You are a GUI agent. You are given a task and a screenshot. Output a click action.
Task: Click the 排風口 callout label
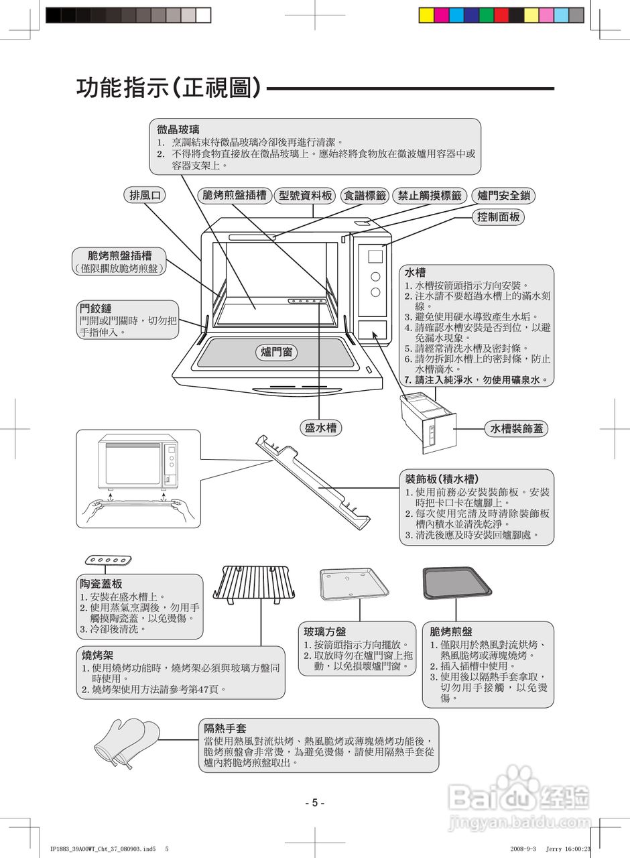coord(146,195)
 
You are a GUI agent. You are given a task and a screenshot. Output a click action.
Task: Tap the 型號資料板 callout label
coord(305,195)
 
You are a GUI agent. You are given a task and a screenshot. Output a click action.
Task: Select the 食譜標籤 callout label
coord(365,195)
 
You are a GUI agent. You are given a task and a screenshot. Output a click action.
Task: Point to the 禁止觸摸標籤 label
coord(430,195)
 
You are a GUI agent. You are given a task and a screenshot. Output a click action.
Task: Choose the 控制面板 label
coord(499,217)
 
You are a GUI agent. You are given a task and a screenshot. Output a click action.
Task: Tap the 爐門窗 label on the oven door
coord(277,352)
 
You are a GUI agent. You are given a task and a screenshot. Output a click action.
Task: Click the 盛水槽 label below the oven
coord(320,428)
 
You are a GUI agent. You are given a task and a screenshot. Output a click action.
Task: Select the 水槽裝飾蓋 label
coord(516,428)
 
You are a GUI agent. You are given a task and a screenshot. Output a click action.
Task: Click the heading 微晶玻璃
coord(174,129)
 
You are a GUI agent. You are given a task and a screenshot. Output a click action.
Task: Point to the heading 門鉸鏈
coord(95,308)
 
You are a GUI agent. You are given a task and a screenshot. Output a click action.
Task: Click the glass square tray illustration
coord(354,584)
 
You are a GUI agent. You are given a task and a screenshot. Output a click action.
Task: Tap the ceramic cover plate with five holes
coord(108,560)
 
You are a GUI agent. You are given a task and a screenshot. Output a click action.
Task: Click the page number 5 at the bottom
coord(314,802)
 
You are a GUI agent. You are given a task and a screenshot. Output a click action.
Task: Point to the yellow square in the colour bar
coord(426,15)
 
